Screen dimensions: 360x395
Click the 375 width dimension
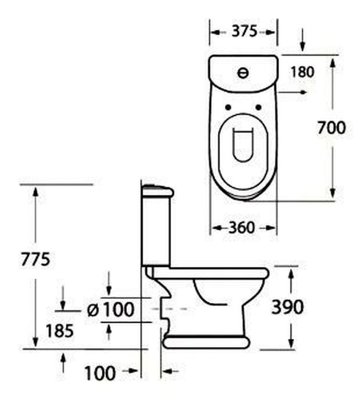(244, 31)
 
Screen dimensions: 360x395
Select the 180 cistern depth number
(303, 72)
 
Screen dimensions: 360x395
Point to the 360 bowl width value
(242, 228)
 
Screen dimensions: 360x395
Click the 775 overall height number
(36, 259)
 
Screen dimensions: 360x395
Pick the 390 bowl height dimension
(288, 307)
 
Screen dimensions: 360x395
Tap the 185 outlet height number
(59, 330)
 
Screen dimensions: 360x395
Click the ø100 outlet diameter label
(110, 309)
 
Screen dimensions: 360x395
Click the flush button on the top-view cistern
(243, 73)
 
